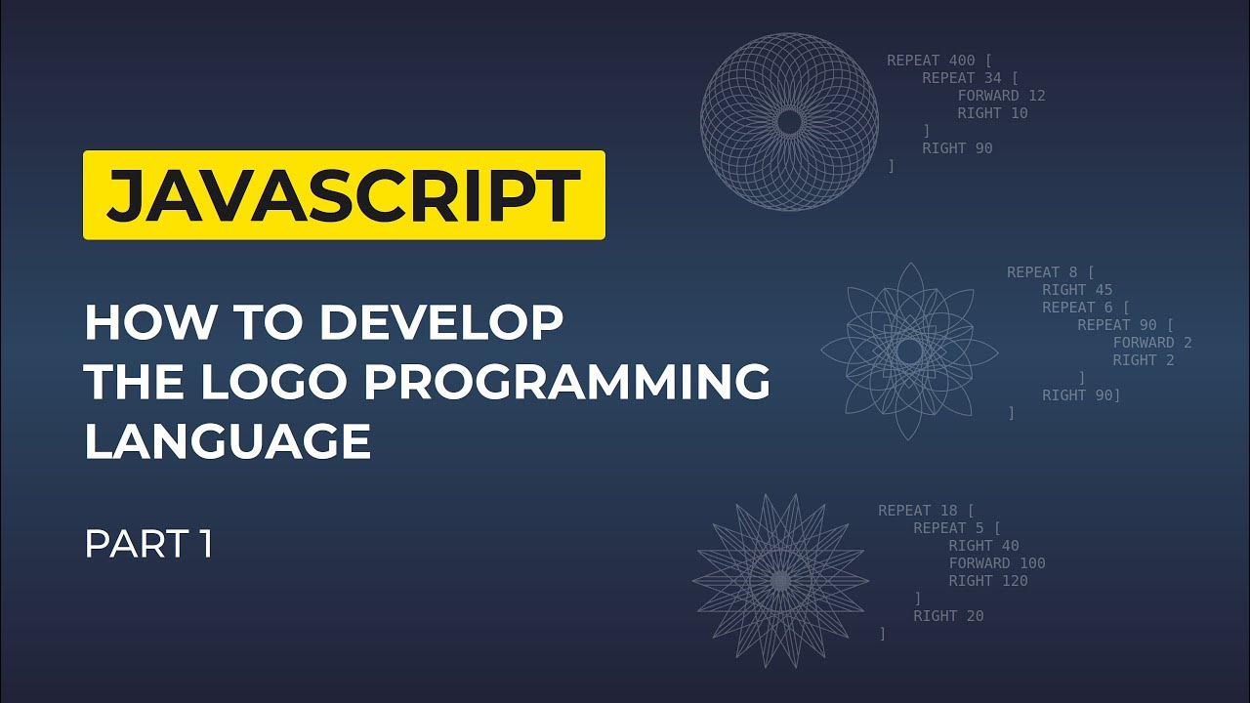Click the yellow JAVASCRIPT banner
click(344, 195)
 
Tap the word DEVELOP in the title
click(441, 323)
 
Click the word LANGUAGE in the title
click(228, 441)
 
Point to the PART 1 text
click(148, 545)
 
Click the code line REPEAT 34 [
click(970, 78)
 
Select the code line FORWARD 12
click(1001, 96)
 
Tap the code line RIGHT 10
click(992, 113)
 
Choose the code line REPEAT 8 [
click(1051, 272)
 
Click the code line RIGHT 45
click(1077, 290)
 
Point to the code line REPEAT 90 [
click(1125, 325)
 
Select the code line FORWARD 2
click(1152, 343)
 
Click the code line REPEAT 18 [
click(926, 510)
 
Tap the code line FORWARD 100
click(997, 563)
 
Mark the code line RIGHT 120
click(988, 581)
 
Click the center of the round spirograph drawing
click(789, 121)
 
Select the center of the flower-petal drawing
click(909, 351)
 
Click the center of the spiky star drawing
click(779, 580)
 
